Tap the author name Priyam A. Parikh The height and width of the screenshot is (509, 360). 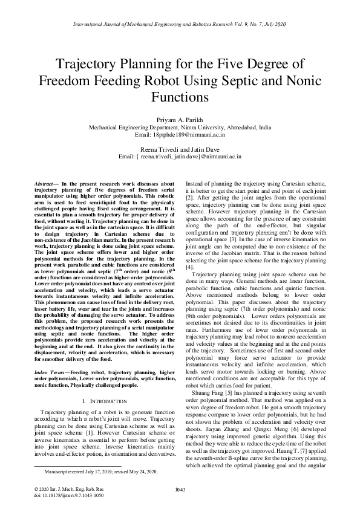180,120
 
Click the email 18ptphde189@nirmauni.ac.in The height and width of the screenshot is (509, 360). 180,136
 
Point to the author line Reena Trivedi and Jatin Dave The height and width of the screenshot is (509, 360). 180,148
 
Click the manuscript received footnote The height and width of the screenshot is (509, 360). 97,470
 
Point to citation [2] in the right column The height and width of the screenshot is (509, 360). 189,198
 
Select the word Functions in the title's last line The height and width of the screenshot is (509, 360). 180,96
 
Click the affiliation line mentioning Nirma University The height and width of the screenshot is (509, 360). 180,128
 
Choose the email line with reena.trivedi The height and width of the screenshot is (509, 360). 180,156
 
